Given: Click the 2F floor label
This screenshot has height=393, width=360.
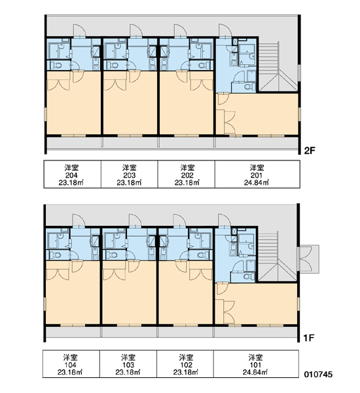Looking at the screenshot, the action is (309, 151).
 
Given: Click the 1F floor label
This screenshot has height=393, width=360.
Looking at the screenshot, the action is (309, 338).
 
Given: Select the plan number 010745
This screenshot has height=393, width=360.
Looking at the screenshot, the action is (318, 374).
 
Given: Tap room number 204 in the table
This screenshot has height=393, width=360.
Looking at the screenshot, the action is (71, 175).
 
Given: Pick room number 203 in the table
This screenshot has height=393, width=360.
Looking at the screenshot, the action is (129, 175).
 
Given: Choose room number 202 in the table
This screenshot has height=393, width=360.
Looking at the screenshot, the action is (187, 175).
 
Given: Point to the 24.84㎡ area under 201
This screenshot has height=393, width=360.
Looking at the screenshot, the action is (257, 183).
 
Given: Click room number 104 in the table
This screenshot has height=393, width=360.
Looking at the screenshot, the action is (70, 365).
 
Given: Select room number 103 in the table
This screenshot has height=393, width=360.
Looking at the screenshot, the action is (128, 365).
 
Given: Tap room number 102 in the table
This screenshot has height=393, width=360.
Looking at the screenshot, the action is (186, 365).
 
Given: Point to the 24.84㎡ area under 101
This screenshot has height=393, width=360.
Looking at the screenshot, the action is (255, 372).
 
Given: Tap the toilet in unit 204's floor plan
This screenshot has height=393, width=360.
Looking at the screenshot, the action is (56, 65).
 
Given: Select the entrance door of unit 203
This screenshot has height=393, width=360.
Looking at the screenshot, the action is (136, 31).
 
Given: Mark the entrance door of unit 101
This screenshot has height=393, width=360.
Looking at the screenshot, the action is (225, 220).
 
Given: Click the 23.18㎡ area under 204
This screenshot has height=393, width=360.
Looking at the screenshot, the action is (71, 183).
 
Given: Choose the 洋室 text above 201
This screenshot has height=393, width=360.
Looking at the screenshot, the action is (257, 168).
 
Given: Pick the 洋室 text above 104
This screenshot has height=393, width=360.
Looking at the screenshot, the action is (70, 357).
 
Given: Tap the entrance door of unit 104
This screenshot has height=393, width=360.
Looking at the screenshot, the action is (79, 220).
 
